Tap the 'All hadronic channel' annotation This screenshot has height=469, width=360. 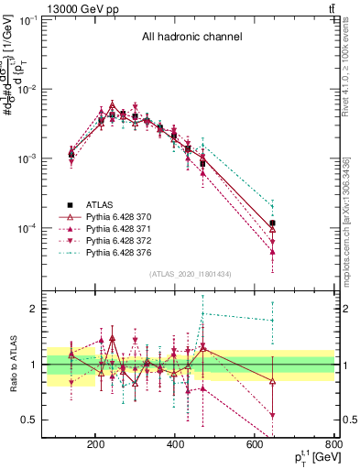[x=191, y=38]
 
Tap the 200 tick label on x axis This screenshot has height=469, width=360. [x=95, y=446]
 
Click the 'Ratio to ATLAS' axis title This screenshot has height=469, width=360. [x=14, y=364]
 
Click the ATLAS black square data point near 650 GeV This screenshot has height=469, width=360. [x=273, y=223]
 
